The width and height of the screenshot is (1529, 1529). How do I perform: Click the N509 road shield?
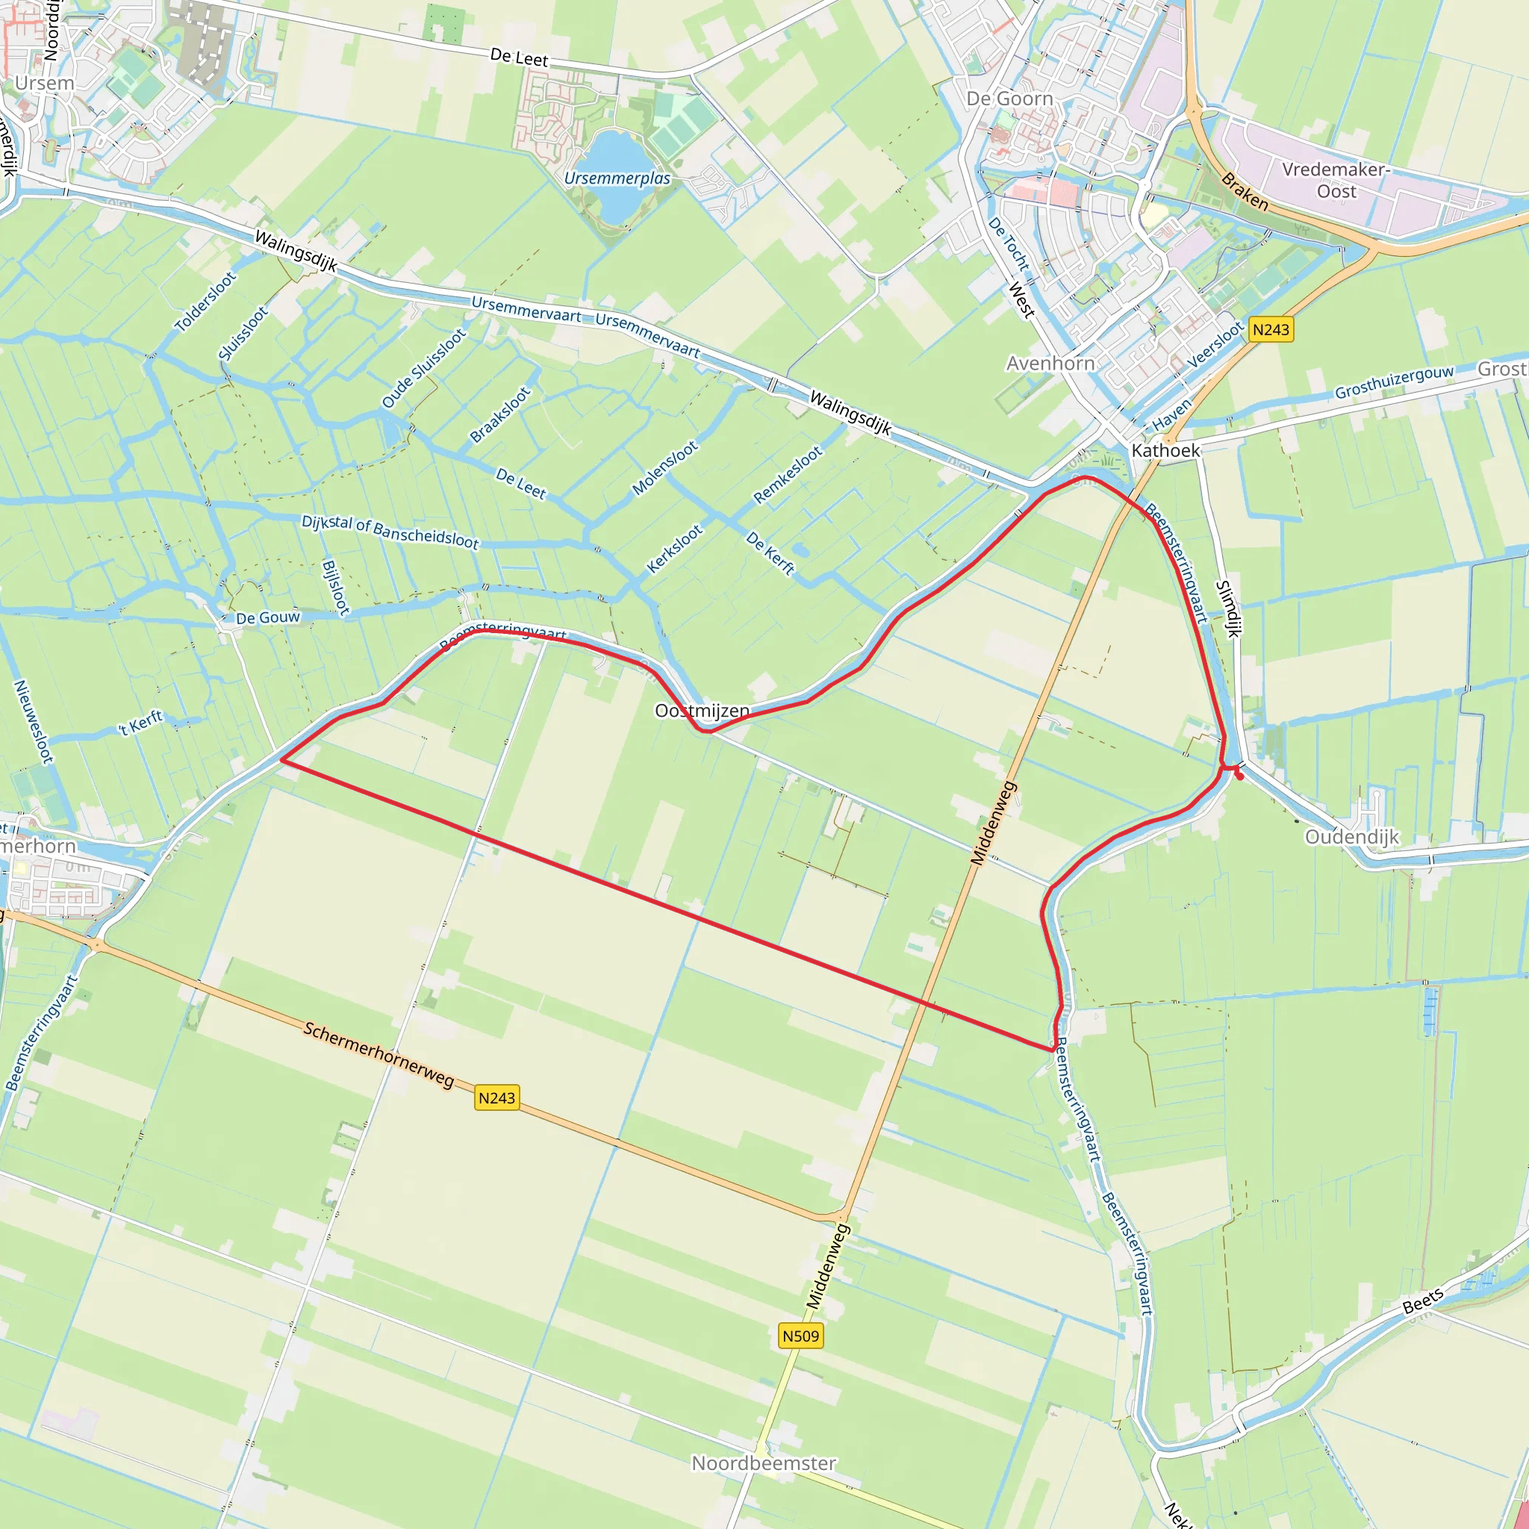800,1336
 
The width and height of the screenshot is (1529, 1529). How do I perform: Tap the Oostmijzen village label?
702,711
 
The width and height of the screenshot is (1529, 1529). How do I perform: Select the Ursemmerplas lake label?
617,179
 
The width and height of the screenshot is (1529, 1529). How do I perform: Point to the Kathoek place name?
1165,450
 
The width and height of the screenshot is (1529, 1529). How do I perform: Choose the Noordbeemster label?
764,1463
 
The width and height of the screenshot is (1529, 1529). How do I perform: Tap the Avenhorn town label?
1050,364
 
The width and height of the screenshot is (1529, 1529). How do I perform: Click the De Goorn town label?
1010,99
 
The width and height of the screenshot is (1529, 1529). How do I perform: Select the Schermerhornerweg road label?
379,1055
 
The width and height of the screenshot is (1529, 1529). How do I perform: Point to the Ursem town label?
44,83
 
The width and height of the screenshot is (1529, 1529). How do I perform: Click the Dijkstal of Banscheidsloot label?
390,532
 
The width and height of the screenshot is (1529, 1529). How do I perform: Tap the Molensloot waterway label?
664,467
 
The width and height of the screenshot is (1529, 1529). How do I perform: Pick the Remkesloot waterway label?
788,475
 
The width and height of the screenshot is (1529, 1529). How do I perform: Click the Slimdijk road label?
1228,608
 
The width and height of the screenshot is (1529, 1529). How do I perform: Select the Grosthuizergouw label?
1395,382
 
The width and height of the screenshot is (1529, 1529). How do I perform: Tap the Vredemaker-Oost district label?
1336,181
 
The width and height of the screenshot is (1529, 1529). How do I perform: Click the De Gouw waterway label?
268,617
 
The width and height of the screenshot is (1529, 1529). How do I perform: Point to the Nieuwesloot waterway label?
34,721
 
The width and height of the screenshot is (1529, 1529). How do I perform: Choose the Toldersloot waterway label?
205,302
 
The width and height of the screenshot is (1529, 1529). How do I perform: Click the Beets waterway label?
1423,1302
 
